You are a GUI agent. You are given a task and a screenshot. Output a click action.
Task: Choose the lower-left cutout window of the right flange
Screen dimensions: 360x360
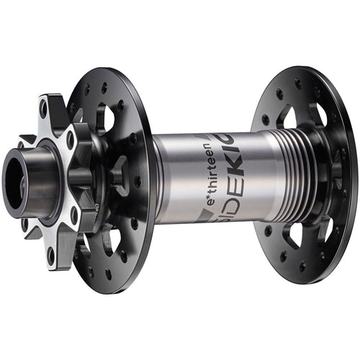coord(292,235)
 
